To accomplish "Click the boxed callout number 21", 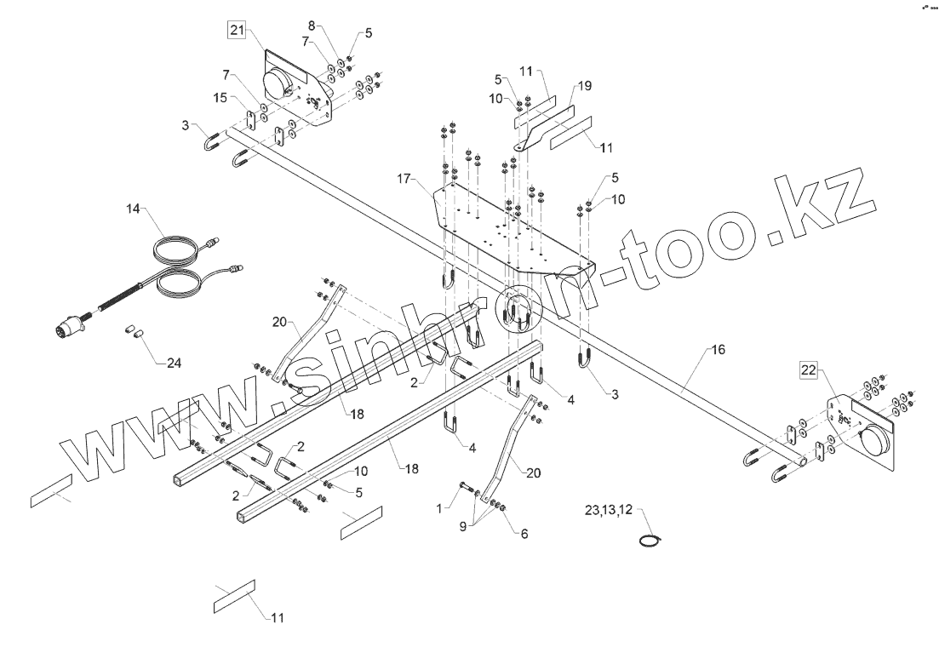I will pos(236,32).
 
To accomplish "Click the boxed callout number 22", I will pos(808,369).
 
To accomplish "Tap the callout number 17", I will pos(404,179).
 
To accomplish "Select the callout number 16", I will pos(719,349).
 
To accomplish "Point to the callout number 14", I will pos(135,209).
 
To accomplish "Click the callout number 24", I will pos(174,364).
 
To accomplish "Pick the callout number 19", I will pos(585,86).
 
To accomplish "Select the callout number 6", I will pos(524,534).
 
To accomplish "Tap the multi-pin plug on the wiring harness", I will pos(72,326).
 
